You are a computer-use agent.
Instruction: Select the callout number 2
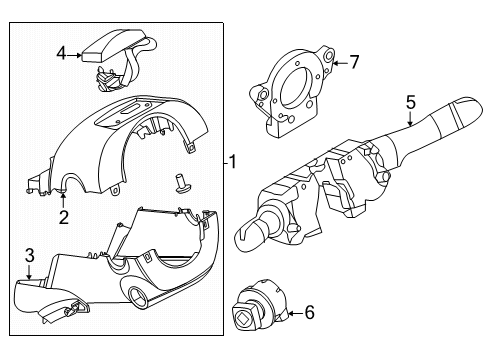point(63,217)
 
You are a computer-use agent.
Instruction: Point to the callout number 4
point(61,54)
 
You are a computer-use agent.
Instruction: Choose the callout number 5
point(410,101)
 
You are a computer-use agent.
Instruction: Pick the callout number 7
point(353,62)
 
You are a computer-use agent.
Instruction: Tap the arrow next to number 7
point(338,63)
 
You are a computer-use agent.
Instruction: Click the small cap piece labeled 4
point(112,44)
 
